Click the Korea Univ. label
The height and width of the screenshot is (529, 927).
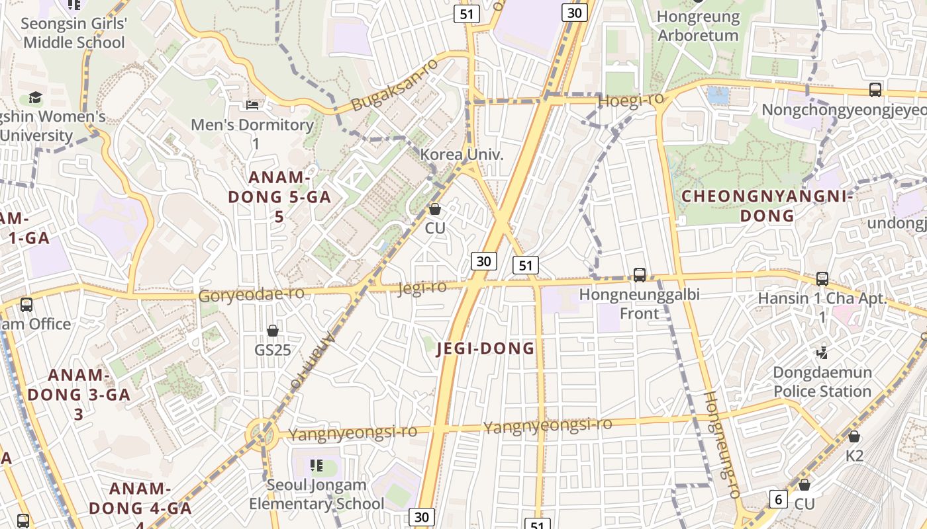pos(462,155)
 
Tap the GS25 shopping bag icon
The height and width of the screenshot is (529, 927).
pos(272,330)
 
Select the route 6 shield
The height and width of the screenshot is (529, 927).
pos(778,499)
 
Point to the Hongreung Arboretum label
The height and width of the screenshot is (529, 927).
pos(698,26)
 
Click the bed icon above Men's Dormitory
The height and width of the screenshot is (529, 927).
pos(252,104)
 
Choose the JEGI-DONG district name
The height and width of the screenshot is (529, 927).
pos(485,348)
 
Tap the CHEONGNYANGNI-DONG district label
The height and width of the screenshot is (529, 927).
pos(767,206)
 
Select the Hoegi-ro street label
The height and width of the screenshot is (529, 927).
pos(630,101)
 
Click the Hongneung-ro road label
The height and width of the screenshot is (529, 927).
pos(720,444)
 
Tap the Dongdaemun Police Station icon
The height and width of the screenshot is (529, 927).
pos(822,352)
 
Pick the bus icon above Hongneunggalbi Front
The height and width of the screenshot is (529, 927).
pos(640,274)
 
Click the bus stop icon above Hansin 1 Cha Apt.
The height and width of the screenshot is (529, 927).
pos(822,279)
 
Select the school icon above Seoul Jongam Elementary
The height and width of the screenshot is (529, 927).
pos(317,466)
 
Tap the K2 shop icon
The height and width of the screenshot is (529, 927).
pos(854,436)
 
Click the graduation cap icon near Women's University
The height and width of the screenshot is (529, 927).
pos(34,98)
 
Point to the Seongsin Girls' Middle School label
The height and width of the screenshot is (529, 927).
pos(73,33)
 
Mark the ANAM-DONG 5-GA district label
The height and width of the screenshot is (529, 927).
pos(279,196)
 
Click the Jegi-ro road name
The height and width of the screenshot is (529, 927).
pos(422,288)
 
